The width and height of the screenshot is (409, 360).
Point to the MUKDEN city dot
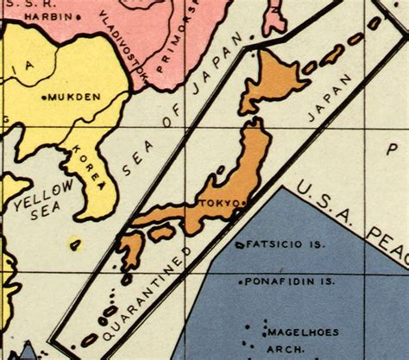(x=46, y=98)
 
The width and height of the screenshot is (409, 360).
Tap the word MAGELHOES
(x=301, y=332)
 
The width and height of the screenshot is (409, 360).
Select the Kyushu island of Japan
(x=132, y=251)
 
